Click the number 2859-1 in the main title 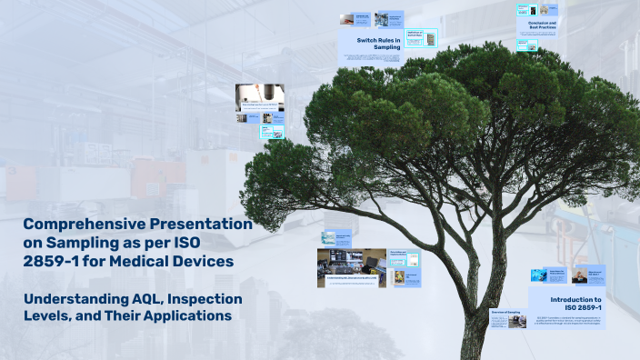(54, 261)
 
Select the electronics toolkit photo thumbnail (351, 267)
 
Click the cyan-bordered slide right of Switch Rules (421, 37)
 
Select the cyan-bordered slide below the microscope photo (273, 132)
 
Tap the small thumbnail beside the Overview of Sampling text (517, 321)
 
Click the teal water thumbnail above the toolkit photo (328, 238)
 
